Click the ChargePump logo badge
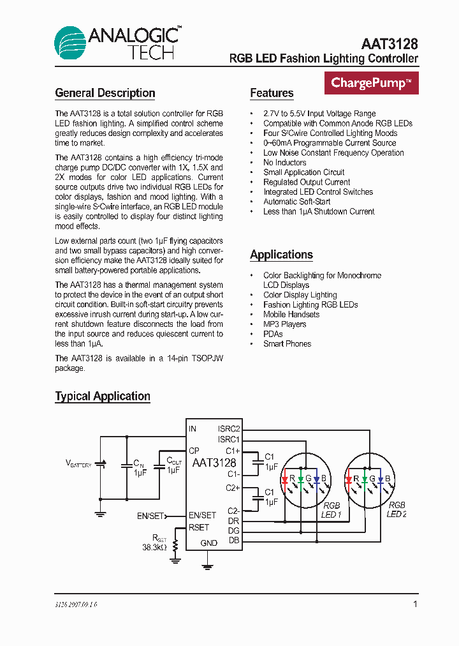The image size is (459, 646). tap(372, 83)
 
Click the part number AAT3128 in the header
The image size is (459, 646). tap(389, 43)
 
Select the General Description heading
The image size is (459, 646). tap(105, 93)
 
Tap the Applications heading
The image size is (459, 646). tap(281, 255)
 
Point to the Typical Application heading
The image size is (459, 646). tap(103, 396)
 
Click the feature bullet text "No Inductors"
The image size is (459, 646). tap(284, 163)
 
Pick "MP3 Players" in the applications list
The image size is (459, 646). tap(284, 324)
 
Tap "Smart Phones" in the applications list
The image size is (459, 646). tap(287, 343)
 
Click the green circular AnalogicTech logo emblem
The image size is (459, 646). tap(70, 44)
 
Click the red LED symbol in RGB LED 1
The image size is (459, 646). tap(284, 479)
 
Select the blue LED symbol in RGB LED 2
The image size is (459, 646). tap(381, 479)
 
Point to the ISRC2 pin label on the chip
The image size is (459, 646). tap(228, 429)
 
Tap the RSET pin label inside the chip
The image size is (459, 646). tap(199, 527)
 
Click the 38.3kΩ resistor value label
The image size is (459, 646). tap(154, 547)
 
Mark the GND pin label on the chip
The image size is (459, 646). tap(208, 543)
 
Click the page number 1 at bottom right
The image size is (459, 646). tap(416, 604)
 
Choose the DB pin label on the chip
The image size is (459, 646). tap(234, 541)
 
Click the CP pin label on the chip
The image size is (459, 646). tap(194, 451)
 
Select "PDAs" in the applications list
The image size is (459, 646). tap(273, 334)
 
